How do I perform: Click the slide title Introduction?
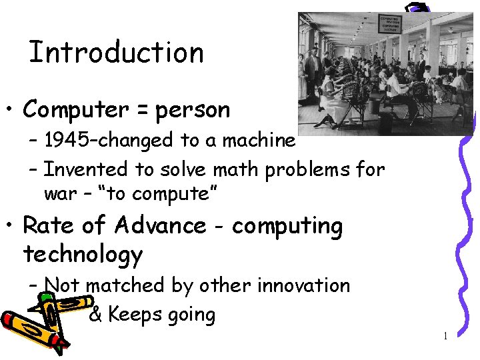(116, 53)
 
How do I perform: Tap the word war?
(56, 194)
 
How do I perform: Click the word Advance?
(161, 226)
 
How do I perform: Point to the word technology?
(83, 255)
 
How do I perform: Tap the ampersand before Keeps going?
(95, 315)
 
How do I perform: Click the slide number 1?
(445, 335)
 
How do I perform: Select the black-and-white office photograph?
(385, 73)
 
